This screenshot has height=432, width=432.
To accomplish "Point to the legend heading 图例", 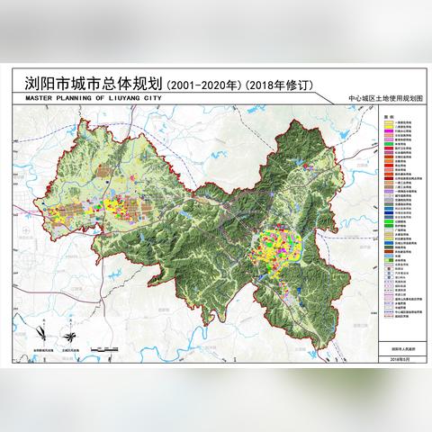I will click(x=383, y=116).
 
